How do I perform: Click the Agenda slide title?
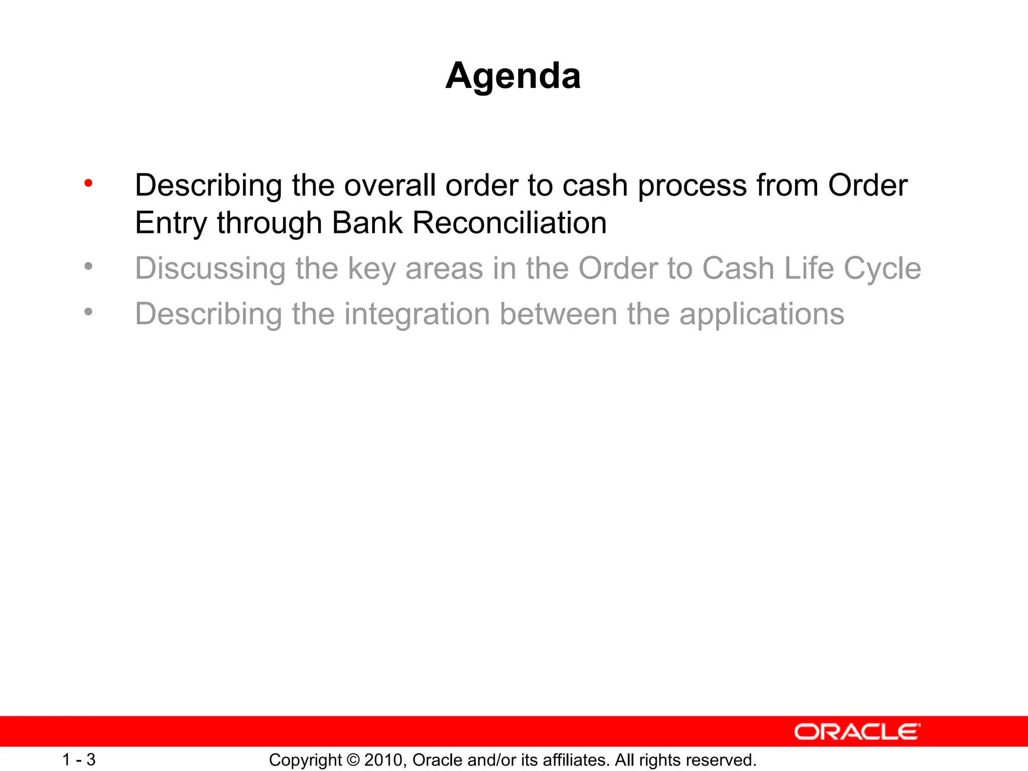point(513,76)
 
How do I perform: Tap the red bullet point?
point(88,183)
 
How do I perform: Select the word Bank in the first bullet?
point(367,223)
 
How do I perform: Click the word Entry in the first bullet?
point(170,223)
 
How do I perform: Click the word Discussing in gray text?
point(210,269)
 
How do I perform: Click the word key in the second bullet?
point(371,269)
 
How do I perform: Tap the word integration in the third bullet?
point(417,314)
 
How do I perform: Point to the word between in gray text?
point(558,314)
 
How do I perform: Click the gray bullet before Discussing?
point(88,267)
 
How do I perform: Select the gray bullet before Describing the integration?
point(88,312)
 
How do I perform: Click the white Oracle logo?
point(857,732)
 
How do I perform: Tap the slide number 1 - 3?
point(79,759)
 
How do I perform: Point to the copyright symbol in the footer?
point(353,760)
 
